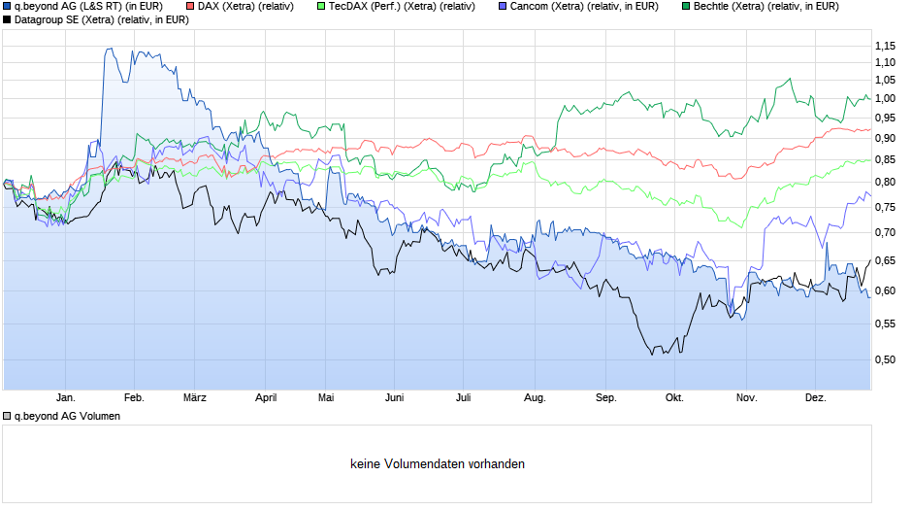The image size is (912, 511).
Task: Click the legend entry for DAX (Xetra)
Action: coord(244,7)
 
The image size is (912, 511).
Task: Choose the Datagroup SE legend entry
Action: coord(101,19)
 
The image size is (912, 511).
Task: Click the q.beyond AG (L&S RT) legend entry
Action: coord(87,7)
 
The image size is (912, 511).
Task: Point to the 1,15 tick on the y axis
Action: coord(884,46)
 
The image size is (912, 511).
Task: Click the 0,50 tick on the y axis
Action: coord(884,359)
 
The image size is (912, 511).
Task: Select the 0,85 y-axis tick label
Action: coord(884,160)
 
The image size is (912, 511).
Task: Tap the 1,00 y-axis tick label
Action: coord(884,98)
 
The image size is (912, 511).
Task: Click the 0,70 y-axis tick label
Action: coord(884,232)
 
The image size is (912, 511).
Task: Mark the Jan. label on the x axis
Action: coord(65,398)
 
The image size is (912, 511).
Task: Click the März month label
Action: coord(195,398)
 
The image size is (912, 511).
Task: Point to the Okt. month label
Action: coord(673,398)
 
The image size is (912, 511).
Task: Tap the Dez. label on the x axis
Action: coord(816,398)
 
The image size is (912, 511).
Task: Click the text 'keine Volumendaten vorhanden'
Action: coord(438,464)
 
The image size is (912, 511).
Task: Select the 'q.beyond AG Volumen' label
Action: coord(66,416)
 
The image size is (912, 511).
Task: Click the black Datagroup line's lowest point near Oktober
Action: coord(653,354)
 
